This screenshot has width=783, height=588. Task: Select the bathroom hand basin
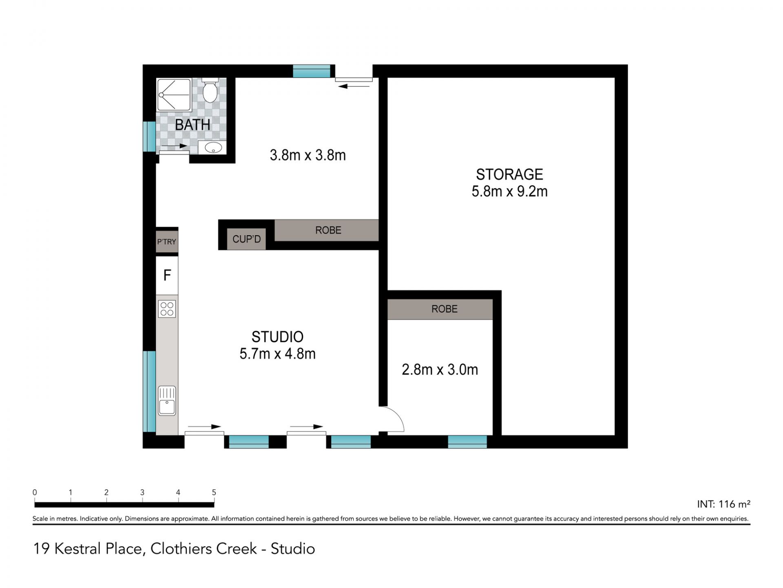(212, 147)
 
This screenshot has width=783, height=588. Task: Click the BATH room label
(192, 125)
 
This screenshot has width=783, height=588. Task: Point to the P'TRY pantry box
(167, 242)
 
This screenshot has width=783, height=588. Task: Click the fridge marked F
(167, 275)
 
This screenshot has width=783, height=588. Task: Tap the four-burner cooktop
(167, 309)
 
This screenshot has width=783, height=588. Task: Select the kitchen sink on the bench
(167, 401)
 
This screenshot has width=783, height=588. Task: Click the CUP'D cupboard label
(246, 239)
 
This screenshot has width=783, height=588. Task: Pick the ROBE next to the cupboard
(328, 230)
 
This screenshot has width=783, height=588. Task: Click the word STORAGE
(509, 174)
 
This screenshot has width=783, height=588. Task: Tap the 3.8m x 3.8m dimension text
(308, 155)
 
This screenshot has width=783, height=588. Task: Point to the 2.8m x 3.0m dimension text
(440, 370)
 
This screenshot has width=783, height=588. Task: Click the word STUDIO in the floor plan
(277, 337)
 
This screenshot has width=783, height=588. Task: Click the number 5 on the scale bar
(214, 492)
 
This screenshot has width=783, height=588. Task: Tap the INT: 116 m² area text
(723, 504)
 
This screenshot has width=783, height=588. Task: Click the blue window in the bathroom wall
(149, 136)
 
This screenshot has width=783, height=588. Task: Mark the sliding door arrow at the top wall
(354, 86)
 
